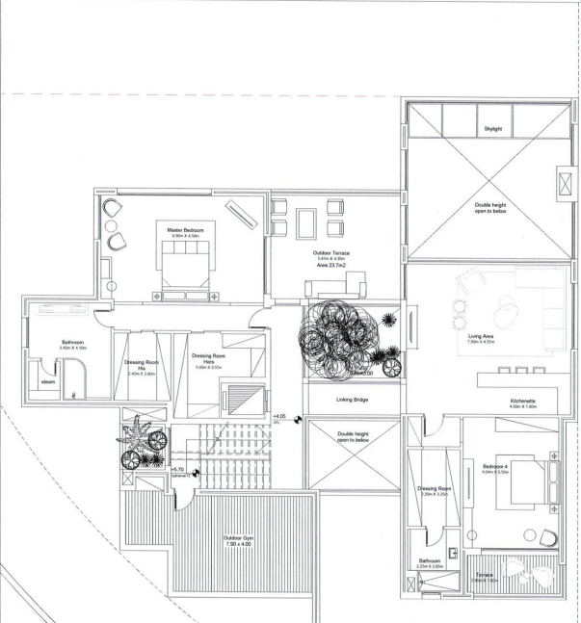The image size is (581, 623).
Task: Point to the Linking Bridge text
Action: pyautogui.click(x=352, y=399)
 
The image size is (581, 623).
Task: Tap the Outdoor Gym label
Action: pyautogui.click(x=237, y=538)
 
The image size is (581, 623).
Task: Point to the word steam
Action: pyautogui.click(x=47, y=382)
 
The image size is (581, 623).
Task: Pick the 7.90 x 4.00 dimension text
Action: pyautogui.click(x=237, y=545)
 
